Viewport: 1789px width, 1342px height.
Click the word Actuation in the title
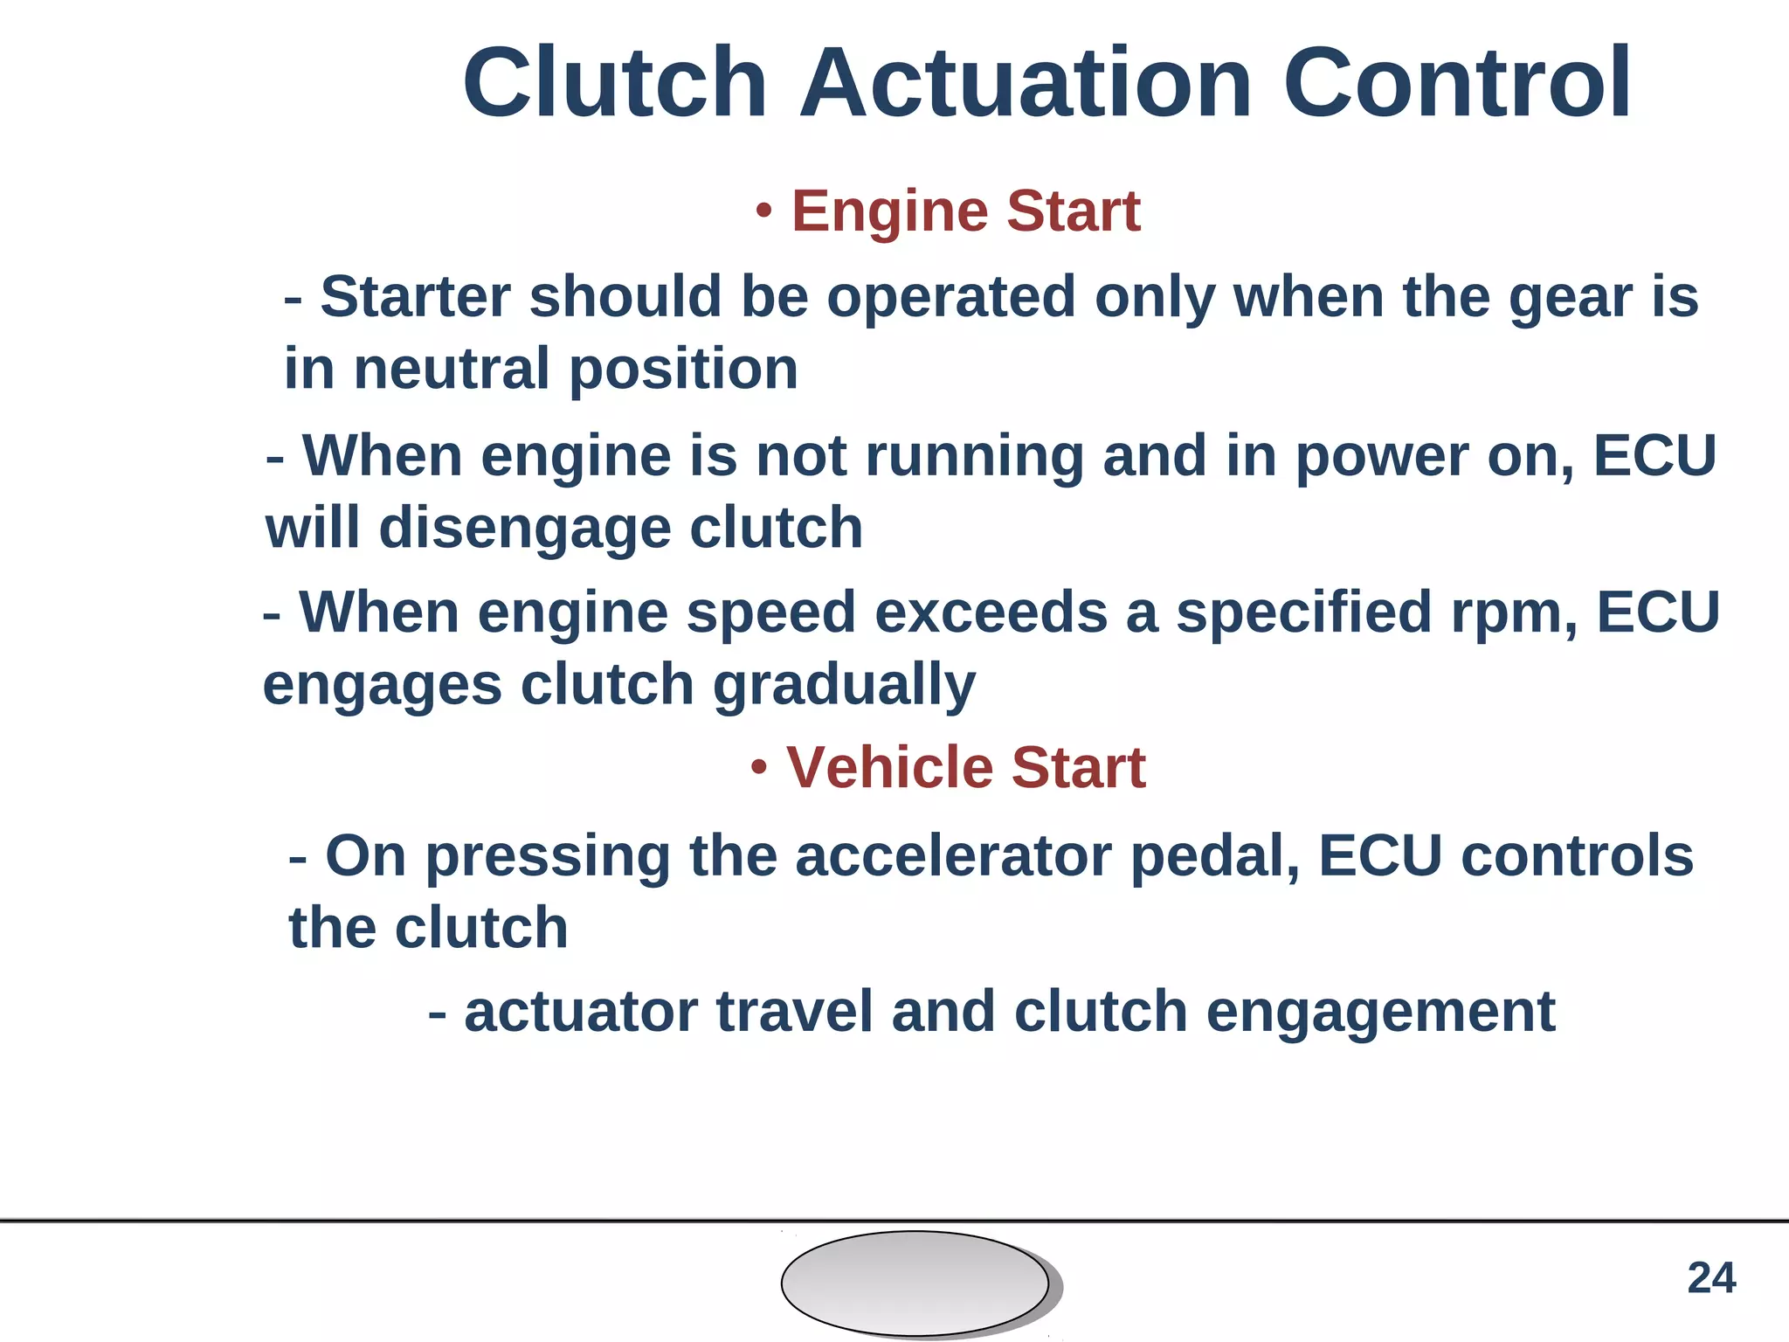pyautogui.click(x=1026, y=84)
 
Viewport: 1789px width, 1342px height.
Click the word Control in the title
pyautogui.click(x=1456, y=84)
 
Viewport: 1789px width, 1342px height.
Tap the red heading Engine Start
pyautogui.click(x=965, y=211)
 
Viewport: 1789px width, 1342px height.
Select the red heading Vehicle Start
pyautogui.click(x=965, y=768)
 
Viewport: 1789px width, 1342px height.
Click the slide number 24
pyautogui.click(x=1711, y=1278)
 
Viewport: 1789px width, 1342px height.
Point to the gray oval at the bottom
pyautogui.click(x=915, y=1283)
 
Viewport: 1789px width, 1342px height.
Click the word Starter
pyautogui.click(x=415, y=297)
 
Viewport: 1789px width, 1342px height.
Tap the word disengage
pyautogui.click(x=524, y=529)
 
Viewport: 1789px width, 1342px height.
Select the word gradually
pyautogui.click(x=844, y=686)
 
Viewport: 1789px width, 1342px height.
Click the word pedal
pyautogui.click(x=1215, y=857)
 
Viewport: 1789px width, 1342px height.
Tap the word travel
pyautogui.click(x=794, y=1012)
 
